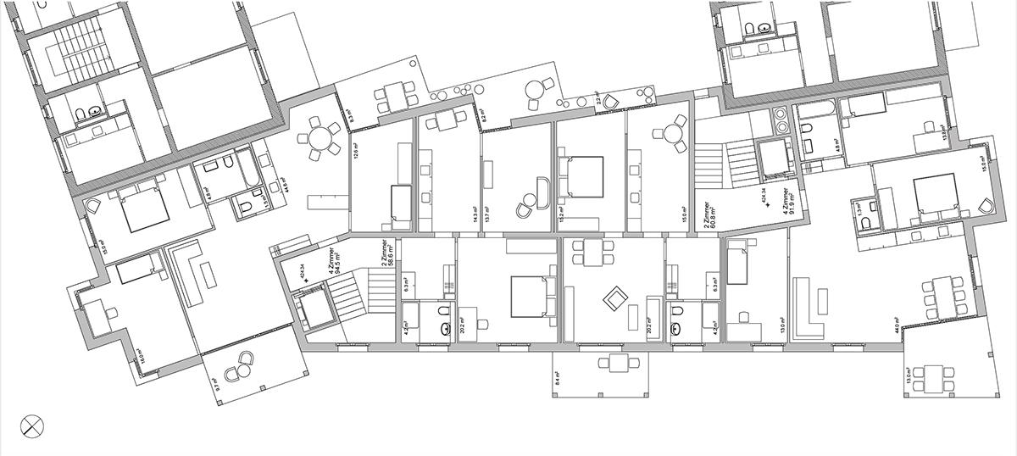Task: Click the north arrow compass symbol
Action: click(31, 425)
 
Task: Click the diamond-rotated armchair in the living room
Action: click(614, 297)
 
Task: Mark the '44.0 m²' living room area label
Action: click(895, 321)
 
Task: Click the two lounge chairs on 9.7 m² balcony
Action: click(241, 365)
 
